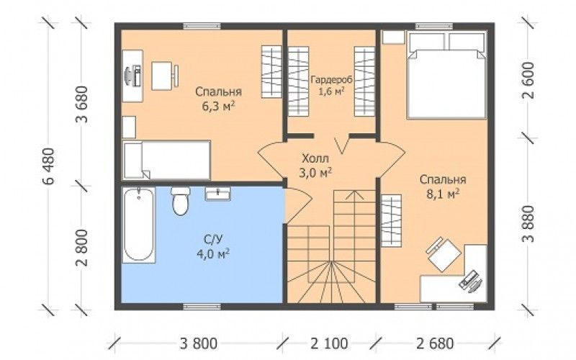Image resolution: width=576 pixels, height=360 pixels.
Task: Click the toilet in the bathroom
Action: (x=181, y=201)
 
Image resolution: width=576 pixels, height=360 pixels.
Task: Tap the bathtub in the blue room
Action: (x=138, y=225)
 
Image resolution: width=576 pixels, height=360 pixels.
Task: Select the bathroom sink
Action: (x=218, y=194)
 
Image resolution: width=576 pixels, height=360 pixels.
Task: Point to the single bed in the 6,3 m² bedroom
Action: (x=166, y=160)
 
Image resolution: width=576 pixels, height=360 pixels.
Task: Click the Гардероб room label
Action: (x=327, y=80)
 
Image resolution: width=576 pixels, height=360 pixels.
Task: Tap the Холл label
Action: (x=315, y=159)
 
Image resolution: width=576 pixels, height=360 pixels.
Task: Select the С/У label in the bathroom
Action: (x=213, y=240)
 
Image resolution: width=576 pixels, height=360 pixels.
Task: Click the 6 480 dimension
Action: (x=48, y=166)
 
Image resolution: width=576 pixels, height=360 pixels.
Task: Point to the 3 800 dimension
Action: (x=199, y=344)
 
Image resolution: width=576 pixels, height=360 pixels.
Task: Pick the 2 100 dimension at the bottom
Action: (x=329, y=344)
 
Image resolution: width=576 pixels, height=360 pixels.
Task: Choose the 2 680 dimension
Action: (x=435, y=344)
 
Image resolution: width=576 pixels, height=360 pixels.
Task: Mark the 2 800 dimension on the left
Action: (x=82, y=248)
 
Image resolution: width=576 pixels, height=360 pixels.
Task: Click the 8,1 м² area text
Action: (x=443, y=194)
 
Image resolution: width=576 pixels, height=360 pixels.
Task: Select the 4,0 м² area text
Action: (x=213, y=254)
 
